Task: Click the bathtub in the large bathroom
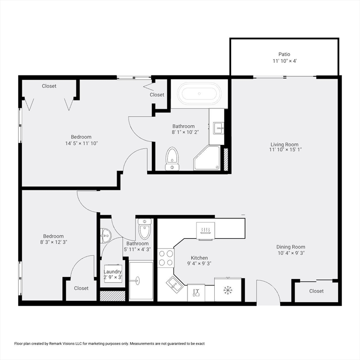coord(200,93)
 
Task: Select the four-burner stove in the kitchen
coord(165,257)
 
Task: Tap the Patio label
coord(285,54)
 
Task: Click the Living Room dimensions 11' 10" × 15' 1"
coord(285,150)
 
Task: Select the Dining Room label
coord(291,247)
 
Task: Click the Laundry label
coord(112,272)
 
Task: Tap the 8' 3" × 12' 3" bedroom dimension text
coord(53,242)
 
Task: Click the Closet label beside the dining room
coord(316,291)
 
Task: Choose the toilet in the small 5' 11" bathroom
coord(144,230)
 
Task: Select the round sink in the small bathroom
coord(105,233)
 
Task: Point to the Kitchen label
coord(199,258)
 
